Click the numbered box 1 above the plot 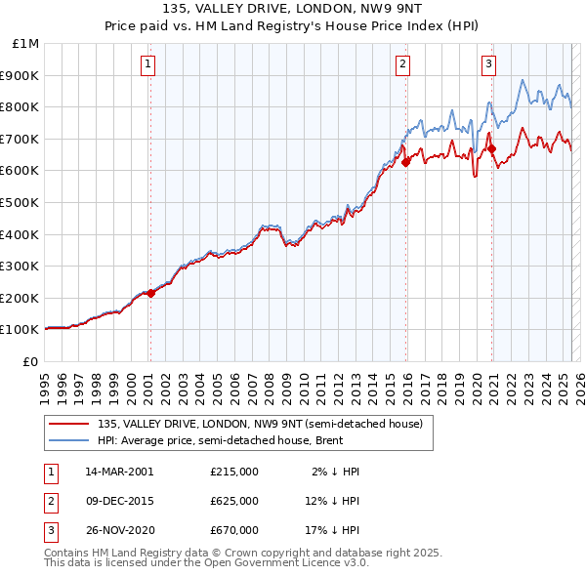(x=147, y=65)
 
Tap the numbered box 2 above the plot (x=402, y=65)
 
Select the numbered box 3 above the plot (x=487, y=65)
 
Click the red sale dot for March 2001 (x=151, y=293)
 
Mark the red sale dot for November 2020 (x=491, y=148)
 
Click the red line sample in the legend (x=68, y=424)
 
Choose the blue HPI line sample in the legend (x=68, y=440)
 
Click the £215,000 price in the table (x=234, y=472)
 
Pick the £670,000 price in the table (x=234, y=530)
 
